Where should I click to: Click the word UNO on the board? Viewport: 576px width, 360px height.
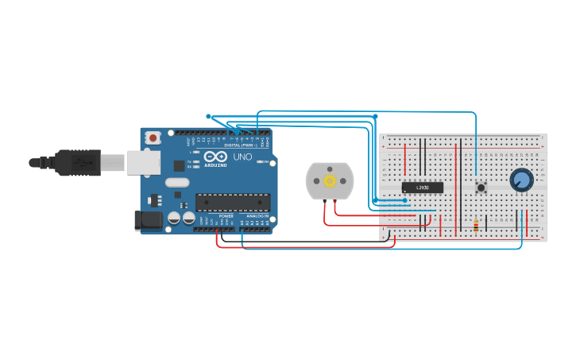click(x=242, y=157)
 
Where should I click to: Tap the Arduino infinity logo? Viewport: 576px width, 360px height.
click(x=215, y=157)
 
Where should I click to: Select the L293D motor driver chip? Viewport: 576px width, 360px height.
click(x=422, y=188)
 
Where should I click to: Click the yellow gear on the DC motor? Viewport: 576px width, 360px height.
click(x=330, y=181)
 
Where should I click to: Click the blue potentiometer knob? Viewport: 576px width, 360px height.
click(x=521, y=180)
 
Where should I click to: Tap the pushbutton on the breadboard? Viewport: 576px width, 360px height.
click(x=481, y=188)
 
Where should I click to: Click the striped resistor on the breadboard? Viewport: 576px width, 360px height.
click(x=476, y=226)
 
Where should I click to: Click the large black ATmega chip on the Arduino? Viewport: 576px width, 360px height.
click(x=233, y=203)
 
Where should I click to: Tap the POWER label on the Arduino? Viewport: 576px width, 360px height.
click(x=226, y=216)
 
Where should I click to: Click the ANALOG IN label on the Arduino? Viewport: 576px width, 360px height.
click(x=256, y=216)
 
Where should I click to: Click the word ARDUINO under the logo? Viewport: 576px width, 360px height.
click(x=215, y=165)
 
